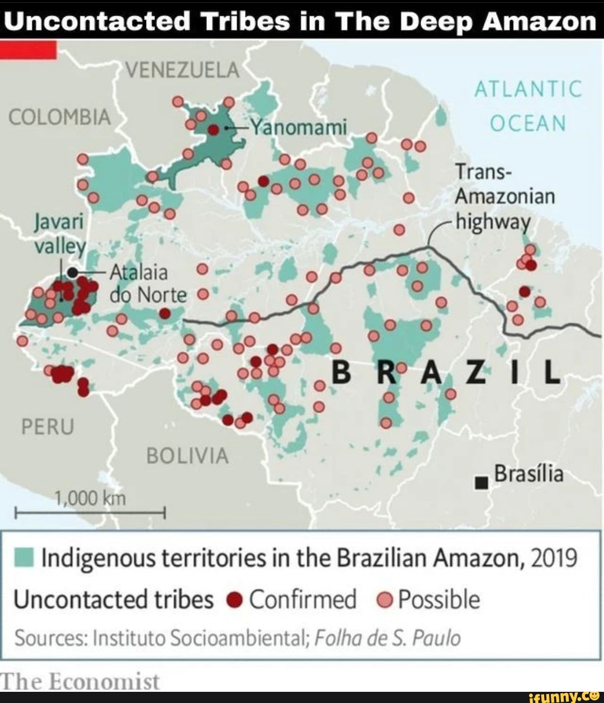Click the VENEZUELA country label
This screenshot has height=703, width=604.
pos(182,70)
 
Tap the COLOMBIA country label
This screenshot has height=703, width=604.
pos(60,117)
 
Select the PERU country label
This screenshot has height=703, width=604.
pos(48,427)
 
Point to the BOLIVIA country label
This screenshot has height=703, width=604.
pos(187,456)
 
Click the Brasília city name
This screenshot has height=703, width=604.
pos(528,474)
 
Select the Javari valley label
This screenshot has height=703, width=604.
pos(59,234)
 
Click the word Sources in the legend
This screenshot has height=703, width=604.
pos(50,638)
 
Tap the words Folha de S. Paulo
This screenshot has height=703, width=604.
pos(388,638)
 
